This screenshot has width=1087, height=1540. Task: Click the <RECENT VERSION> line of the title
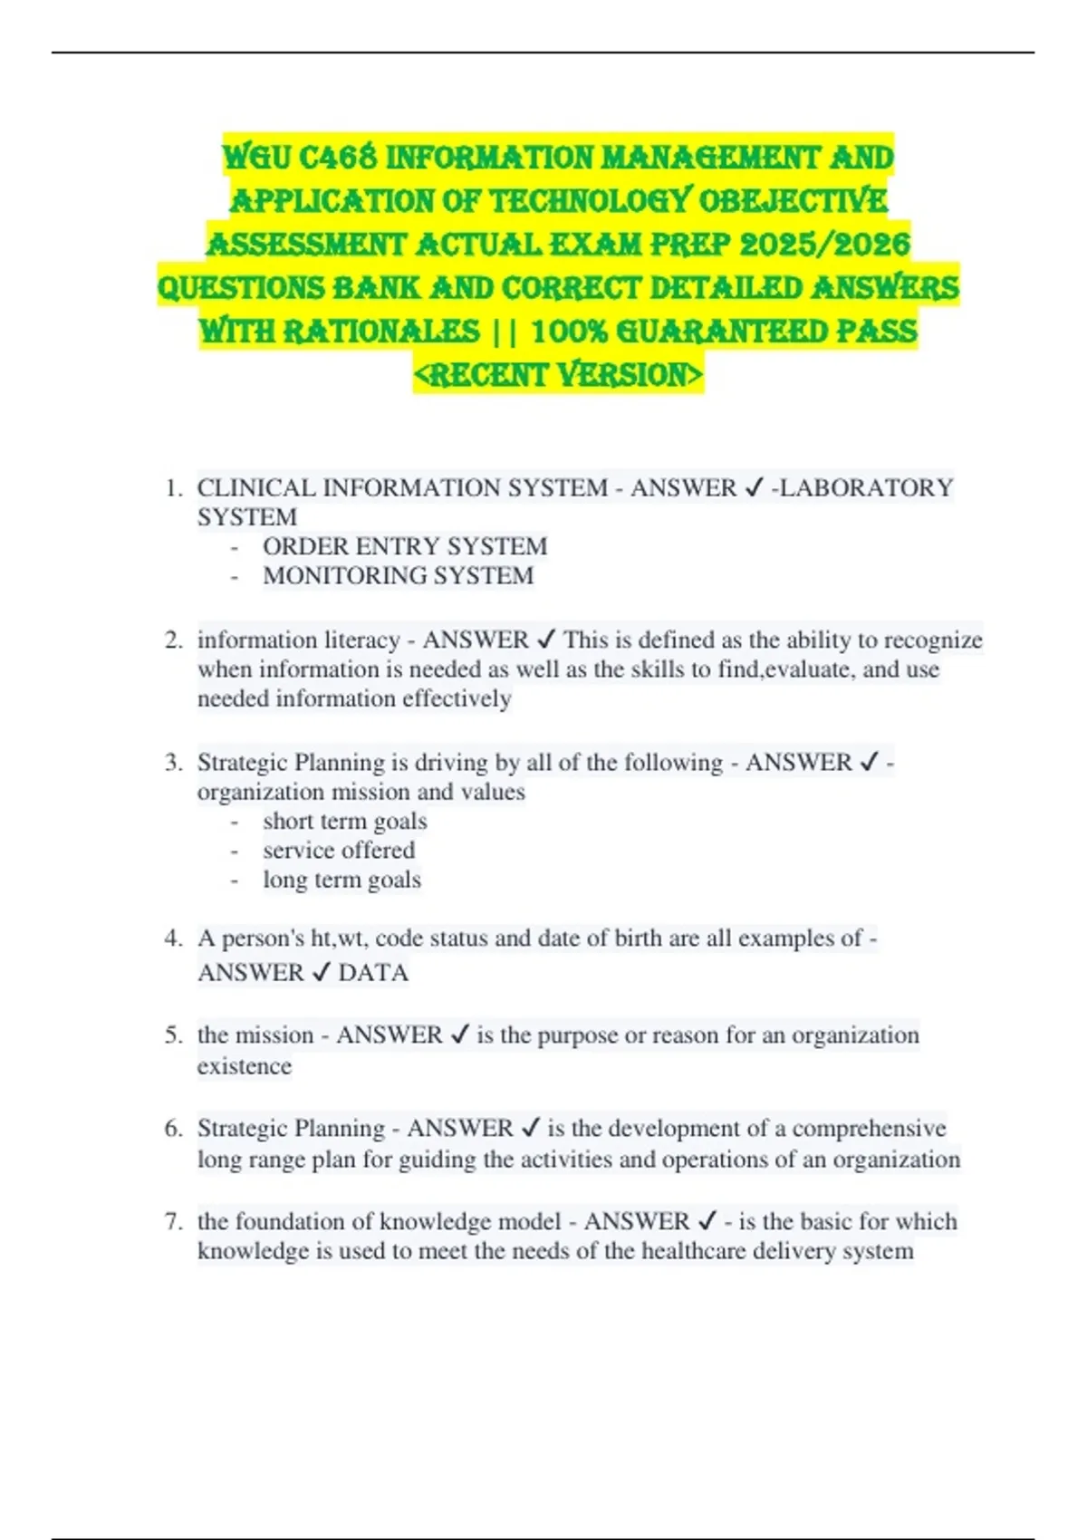(x=558, y=374)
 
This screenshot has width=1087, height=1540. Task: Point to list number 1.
(x=174, y=488)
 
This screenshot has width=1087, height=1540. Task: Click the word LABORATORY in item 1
(x=866, y=488)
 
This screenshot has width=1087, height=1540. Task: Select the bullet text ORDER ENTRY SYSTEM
(x=405, y=546)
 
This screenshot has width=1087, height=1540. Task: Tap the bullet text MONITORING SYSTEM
(x=399, y=575)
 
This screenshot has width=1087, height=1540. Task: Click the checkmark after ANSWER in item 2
(x=546, y=640)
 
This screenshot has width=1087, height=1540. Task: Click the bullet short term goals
(x=345, y=821)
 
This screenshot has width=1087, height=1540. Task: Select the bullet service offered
(x=339, y=850)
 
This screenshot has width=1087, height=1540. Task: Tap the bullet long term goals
(x=341, y=880)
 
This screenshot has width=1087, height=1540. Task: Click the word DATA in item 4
(x=373, y=973)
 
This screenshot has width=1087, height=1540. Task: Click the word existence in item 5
(x=245, y=1066)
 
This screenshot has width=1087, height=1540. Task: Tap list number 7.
(x=174, y=1221)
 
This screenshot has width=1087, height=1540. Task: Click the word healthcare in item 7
(x=694, y=1251)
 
